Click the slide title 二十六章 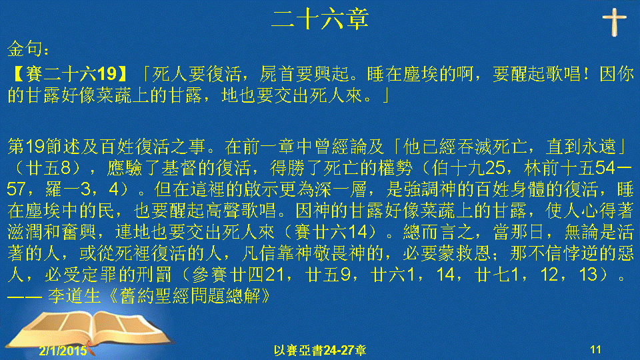(320, 19)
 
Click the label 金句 (25, 49)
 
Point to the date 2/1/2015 (63, 351)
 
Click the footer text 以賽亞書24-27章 (320, 350)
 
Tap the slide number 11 (595, 349)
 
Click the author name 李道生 (74, 296)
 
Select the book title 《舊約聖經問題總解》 (191, 296)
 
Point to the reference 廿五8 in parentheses (48, 168)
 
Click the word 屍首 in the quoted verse (278, 74)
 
